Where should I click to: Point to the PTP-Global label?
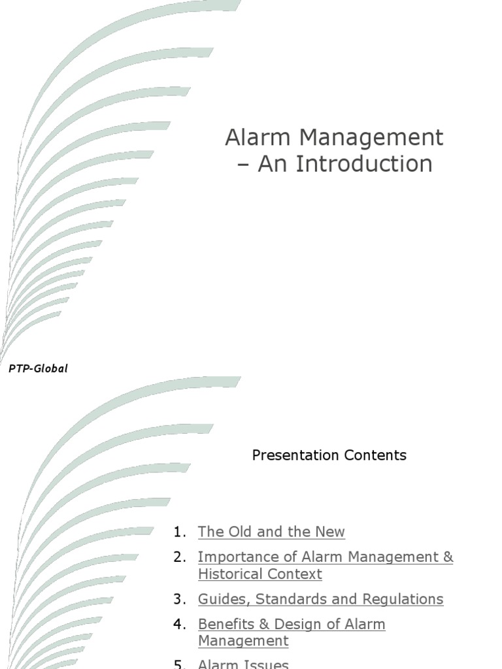38,368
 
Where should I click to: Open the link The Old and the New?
271,532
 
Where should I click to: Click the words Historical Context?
260,574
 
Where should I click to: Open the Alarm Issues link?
243,664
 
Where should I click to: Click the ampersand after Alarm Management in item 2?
448,557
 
